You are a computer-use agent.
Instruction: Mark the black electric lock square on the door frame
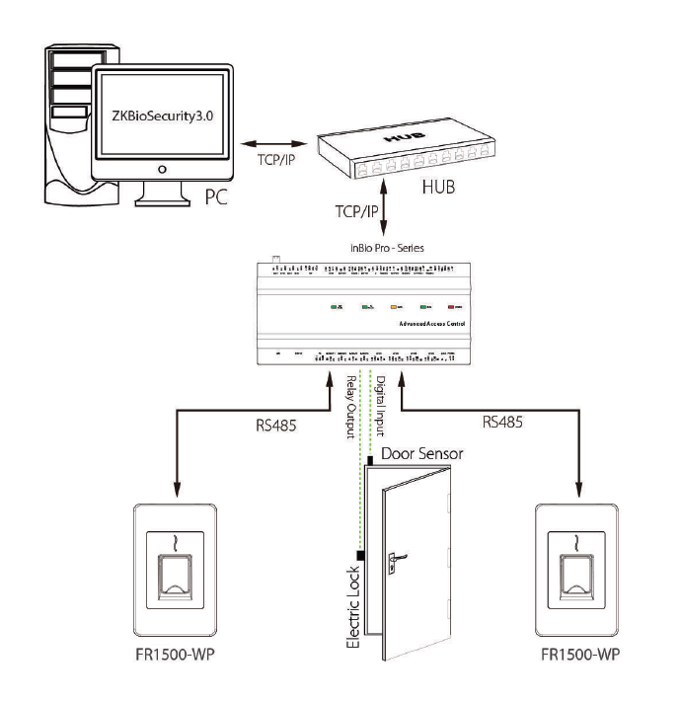(362, 555)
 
